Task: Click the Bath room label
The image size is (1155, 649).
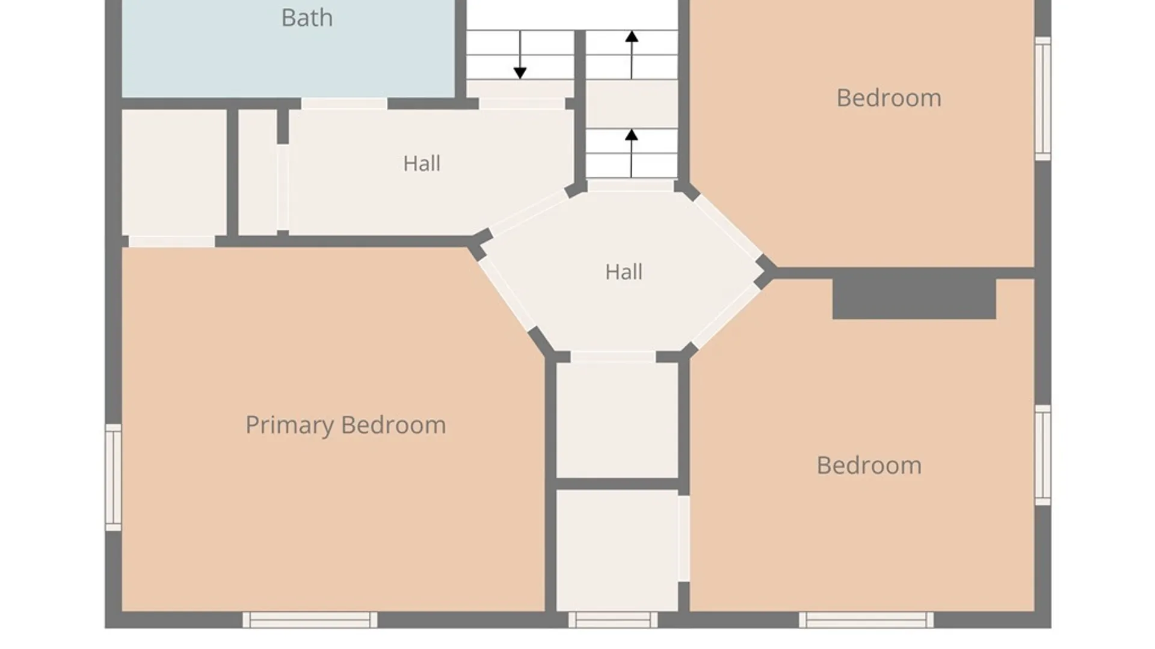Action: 307,18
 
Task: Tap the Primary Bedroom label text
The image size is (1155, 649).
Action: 345,425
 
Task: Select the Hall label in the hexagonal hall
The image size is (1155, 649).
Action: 624,272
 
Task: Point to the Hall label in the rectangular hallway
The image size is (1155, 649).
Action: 422,163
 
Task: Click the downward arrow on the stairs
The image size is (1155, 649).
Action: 520,55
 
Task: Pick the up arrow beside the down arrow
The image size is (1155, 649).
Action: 632,55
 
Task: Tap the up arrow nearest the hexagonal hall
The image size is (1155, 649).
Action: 632,153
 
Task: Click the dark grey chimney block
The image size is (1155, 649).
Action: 914,299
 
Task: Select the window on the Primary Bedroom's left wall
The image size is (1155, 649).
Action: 113,478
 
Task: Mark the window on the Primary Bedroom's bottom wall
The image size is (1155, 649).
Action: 310,620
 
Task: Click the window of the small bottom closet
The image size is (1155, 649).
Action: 613,620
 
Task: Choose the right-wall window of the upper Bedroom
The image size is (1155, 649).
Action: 1043,99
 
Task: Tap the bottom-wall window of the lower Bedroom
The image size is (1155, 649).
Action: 866,620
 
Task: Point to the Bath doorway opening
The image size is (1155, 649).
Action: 344,104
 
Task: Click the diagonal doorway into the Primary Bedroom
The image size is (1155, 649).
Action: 507,294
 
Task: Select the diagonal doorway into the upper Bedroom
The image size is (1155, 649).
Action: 727,228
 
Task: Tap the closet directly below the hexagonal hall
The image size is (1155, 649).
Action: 617,421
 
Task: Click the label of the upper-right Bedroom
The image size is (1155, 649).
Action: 889,99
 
